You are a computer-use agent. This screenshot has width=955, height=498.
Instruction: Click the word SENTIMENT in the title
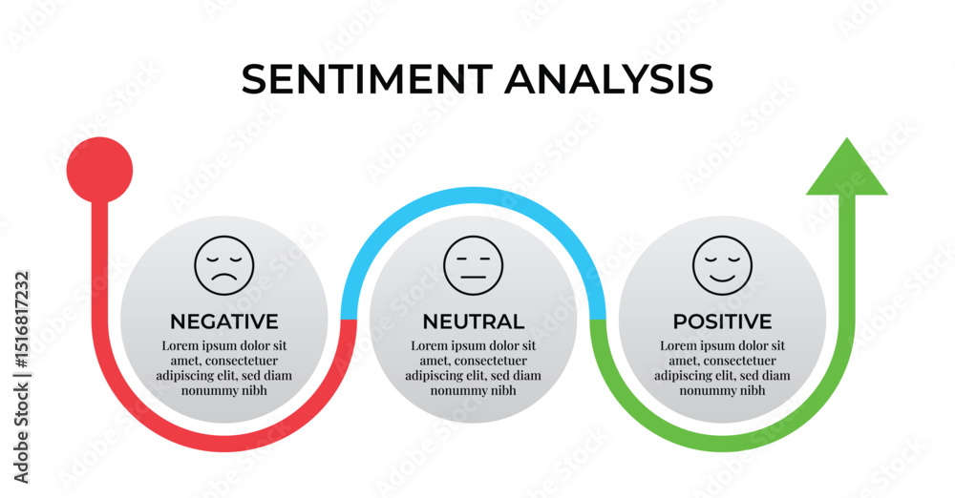(368, 79)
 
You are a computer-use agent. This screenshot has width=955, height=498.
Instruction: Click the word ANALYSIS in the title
(609, 79)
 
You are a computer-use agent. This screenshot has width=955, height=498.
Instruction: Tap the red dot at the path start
(99, 170)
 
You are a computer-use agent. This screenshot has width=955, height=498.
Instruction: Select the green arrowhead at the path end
(846, 166)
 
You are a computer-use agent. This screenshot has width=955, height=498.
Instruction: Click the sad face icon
(224, 266)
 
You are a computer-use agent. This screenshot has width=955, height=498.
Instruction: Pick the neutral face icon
(474, 266)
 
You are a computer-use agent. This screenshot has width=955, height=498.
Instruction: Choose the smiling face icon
(722, 266)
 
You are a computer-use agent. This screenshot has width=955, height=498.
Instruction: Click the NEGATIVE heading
(224, 322)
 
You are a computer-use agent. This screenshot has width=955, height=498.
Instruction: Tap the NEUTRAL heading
(474, 322)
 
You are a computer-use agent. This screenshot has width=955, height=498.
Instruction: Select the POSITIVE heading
(722, 322)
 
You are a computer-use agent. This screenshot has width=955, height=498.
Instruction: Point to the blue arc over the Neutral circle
(474, 195)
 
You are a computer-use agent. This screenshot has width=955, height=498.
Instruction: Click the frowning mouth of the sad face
(224, 278)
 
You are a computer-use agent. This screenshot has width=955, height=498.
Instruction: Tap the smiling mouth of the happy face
(722, 279)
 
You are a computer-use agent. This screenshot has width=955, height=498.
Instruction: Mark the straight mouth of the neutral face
(474, 278)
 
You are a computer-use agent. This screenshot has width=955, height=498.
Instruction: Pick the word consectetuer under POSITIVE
(739, 361)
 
